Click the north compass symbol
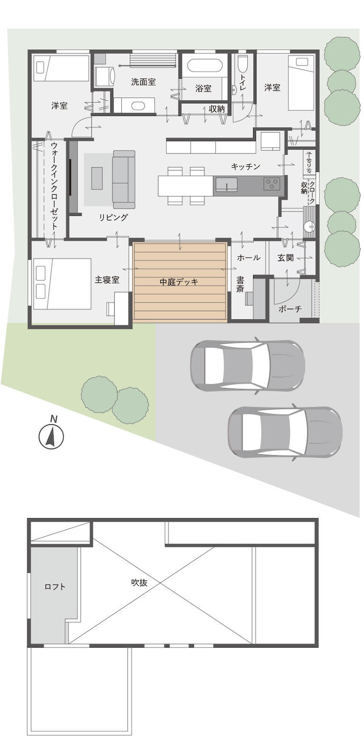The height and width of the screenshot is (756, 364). coord(51,436)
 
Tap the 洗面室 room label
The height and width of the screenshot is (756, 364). coord(144,82)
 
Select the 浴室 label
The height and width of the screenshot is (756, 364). coord(203,89)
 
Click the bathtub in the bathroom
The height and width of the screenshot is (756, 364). coord(205,65)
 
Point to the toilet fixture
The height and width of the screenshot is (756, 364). coord(243,63)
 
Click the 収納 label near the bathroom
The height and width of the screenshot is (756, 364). coord(217,108)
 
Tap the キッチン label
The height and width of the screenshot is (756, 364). coord(246,166)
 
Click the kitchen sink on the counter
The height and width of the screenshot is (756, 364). coord(227,185)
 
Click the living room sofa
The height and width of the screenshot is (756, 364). coord(124,179)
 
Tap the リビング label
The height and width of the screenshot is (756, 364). coord(113,217)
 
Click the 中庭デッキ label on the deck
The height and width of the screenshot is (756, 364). coord(179,282)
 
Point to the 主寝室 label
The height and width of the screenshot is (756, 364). coord(107,280)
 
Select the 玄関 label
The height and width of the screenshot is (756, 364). coord(285,258)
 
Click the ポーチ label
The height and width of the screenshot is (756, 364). coord(290,308)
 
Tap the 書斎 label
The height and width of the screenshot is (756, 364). coord(240,284)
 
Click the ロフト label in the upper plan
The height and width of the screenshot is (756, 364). coord(55,586)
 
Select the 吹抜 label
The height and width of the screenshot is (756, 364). coord(139,582)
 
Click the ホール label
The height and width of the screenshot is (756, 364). coord(248,258)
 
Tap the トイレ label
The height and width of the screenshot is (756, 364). coord(243,82)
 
